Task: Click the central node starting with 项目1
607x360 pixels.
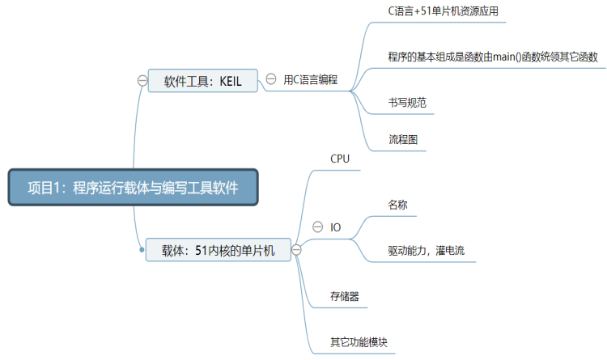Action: point(133,188)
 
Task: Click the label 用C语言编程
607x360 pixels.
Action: point(310,80)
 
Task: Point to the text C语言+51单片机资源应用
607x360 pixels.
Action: point(437,12)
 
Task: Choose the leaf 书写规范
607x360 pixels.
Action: point(407,103)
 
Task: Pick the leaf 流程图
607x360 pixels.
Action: point(403,139)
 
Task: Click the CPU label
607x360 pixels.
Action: point(340,159)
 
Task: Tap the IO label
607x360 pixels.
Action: point(336,227)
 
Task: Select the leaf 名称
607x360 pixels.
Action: point(397,205)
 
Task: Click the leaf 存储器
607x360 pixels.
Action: point(345,296)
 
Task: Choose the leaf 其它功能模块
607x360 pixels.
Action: point(359,341)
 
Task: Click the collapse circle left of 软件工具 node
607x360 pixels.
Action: point(142,80)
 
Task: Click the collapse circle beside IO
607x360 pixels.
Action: point(317,227)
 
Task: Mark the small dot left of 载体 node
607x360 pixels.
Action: point(142,249)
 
